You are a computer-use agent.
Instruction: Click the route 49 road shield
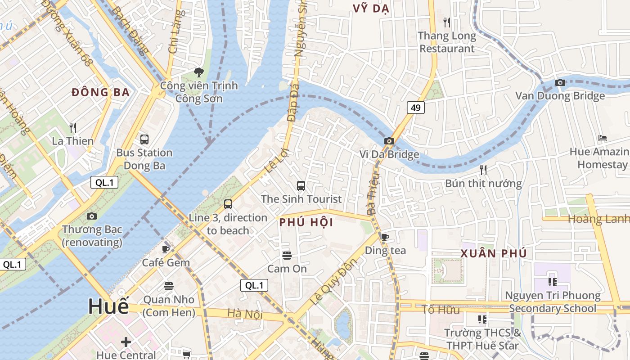416,108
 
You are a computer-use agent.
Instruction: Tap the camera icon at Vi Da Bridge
389,141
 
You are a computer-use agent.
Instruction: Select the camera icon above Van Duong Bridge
560,83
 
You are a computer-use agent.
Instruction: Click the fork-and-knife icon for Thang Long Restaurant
446,22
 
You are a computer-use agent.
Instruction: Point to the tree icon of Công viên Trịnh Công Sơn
198,72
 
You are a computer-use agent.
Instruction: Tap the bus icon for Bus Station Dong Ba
144,139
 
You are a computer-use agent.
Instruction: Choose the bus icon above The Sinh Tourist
301,185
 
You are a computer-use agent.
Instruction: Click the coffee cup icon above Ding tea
385,237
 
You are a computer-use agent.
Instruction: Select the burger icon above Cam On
287,256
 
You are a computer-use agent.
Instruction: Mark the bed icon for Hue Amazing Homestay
603,138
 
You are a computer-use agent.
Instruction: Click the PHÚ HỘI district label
306,222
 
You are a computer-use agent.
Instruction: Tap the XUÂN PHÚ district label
493,253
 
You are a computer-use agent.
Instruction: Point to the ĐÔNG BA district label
101,93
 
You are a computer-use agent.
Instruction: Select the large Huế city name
108,306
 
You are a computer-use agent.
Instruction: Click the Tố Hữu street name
441,310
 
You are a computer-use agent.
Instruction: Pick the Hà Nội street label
245,314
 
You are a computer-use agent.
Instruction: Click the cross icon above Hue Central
126,342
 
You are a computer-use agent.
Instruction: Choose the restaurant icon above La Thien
73,128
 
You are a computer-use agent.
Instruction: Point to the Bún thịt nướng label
483,184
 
